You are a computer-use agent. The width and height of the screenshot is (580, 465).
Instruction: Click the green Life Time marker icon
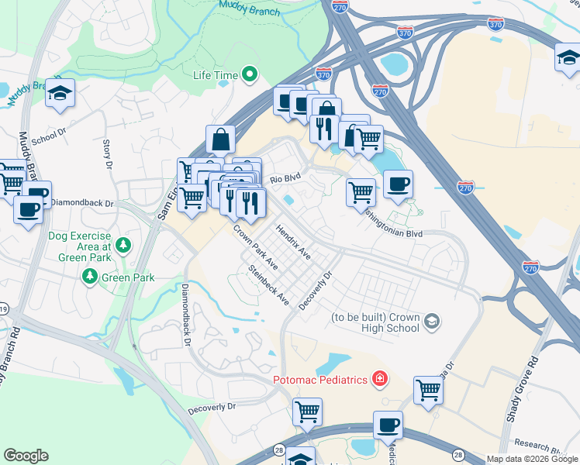[x=250, y=74]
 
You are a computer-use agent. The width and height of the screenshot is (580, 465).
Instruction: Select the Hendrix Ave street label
[x=294, y=243]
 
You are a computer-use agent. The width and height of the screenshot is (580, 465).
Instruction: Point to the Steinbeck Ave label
[x=268, y=286]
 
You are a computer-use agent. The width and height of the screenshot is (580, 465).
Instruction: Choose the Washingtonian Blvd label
[x=395, y=226]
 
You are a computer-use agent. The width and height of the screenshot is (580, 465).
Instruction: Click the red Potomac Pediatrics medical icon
[x=380, y=379]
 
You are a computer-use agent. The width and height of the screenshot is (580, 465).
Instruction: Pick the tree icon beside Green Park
[x=91, y=277]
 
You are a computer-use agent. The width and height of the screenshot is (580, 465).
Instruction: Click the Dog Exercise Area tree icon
[x=123, y=246]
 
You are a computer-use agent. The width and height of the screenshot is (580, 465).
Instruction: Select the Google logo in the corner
[x=26, y=456]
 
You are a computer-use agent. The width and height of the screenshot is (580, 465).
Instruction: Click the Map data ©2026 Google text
[x=531, y=459]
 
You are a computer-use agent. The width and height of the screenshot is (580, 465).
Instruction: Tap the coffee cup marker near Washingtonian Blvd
[x=398, y=185]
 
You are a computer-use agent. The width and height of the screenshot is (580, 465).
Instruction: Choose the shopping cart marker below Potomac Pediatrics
[x=307, y=412]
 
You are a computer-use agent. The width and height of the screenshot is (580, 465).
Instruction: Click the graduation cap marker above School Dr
[x=60, y=93]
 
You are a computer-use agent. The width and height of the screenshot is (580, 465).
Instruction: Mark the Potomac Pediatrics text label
[x=321, y=380]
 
